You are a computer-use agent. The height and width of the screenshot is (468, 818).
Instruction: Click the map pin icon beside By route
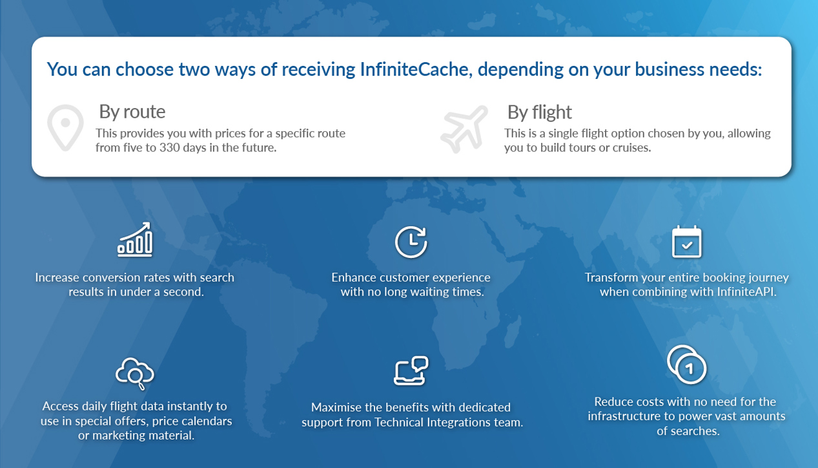(65, 127)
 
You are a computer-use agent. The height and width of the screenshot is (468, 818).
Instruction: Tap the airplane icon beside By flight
(464, 129)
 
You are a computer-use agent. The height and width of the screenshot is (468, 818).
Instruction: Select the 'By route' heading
(132, 112)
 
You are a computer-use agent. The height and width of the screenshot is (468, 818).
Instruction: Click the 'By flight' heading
(539, 112)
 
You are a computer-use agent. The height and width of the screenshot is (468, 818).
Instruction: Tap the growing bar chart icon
(135, 239)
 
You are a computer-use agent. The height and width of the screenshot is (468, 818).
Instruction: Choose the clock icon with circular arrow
(411, 242)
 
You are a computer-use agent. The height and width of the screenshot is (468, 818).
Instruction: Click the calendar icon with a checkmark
(686, 242)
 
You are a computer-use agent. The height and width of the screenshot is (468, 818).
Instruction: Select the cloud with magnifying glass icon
(135, 374)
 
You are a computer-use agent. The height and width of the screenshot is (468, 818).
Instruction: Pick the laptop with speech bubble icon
(411, 370)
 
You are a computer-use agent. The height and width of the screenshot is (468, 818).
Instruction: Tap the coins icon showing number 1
(686, 365)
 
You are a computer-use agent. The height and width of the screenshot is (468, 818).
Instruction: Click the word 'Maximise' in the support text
(334, 407)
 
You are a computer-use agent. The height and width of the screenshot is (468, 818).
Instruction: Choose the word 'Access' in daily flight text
(60, 406)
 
